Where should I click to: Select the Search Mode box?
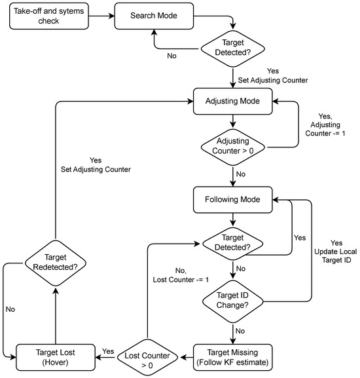click(153, 16)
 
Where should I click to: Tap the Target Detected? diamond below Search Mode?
click(234, 49)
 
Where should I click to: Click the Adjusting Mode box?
click(234, 102)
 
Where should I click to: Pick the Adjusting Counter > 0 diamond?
click(234, 145)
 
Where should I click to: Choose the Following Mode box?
click(234, 200)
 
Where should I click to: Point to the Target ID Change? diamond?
click(234, 300)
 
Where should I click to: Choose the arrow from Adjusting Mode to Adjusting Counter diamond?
click(234, 121)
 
